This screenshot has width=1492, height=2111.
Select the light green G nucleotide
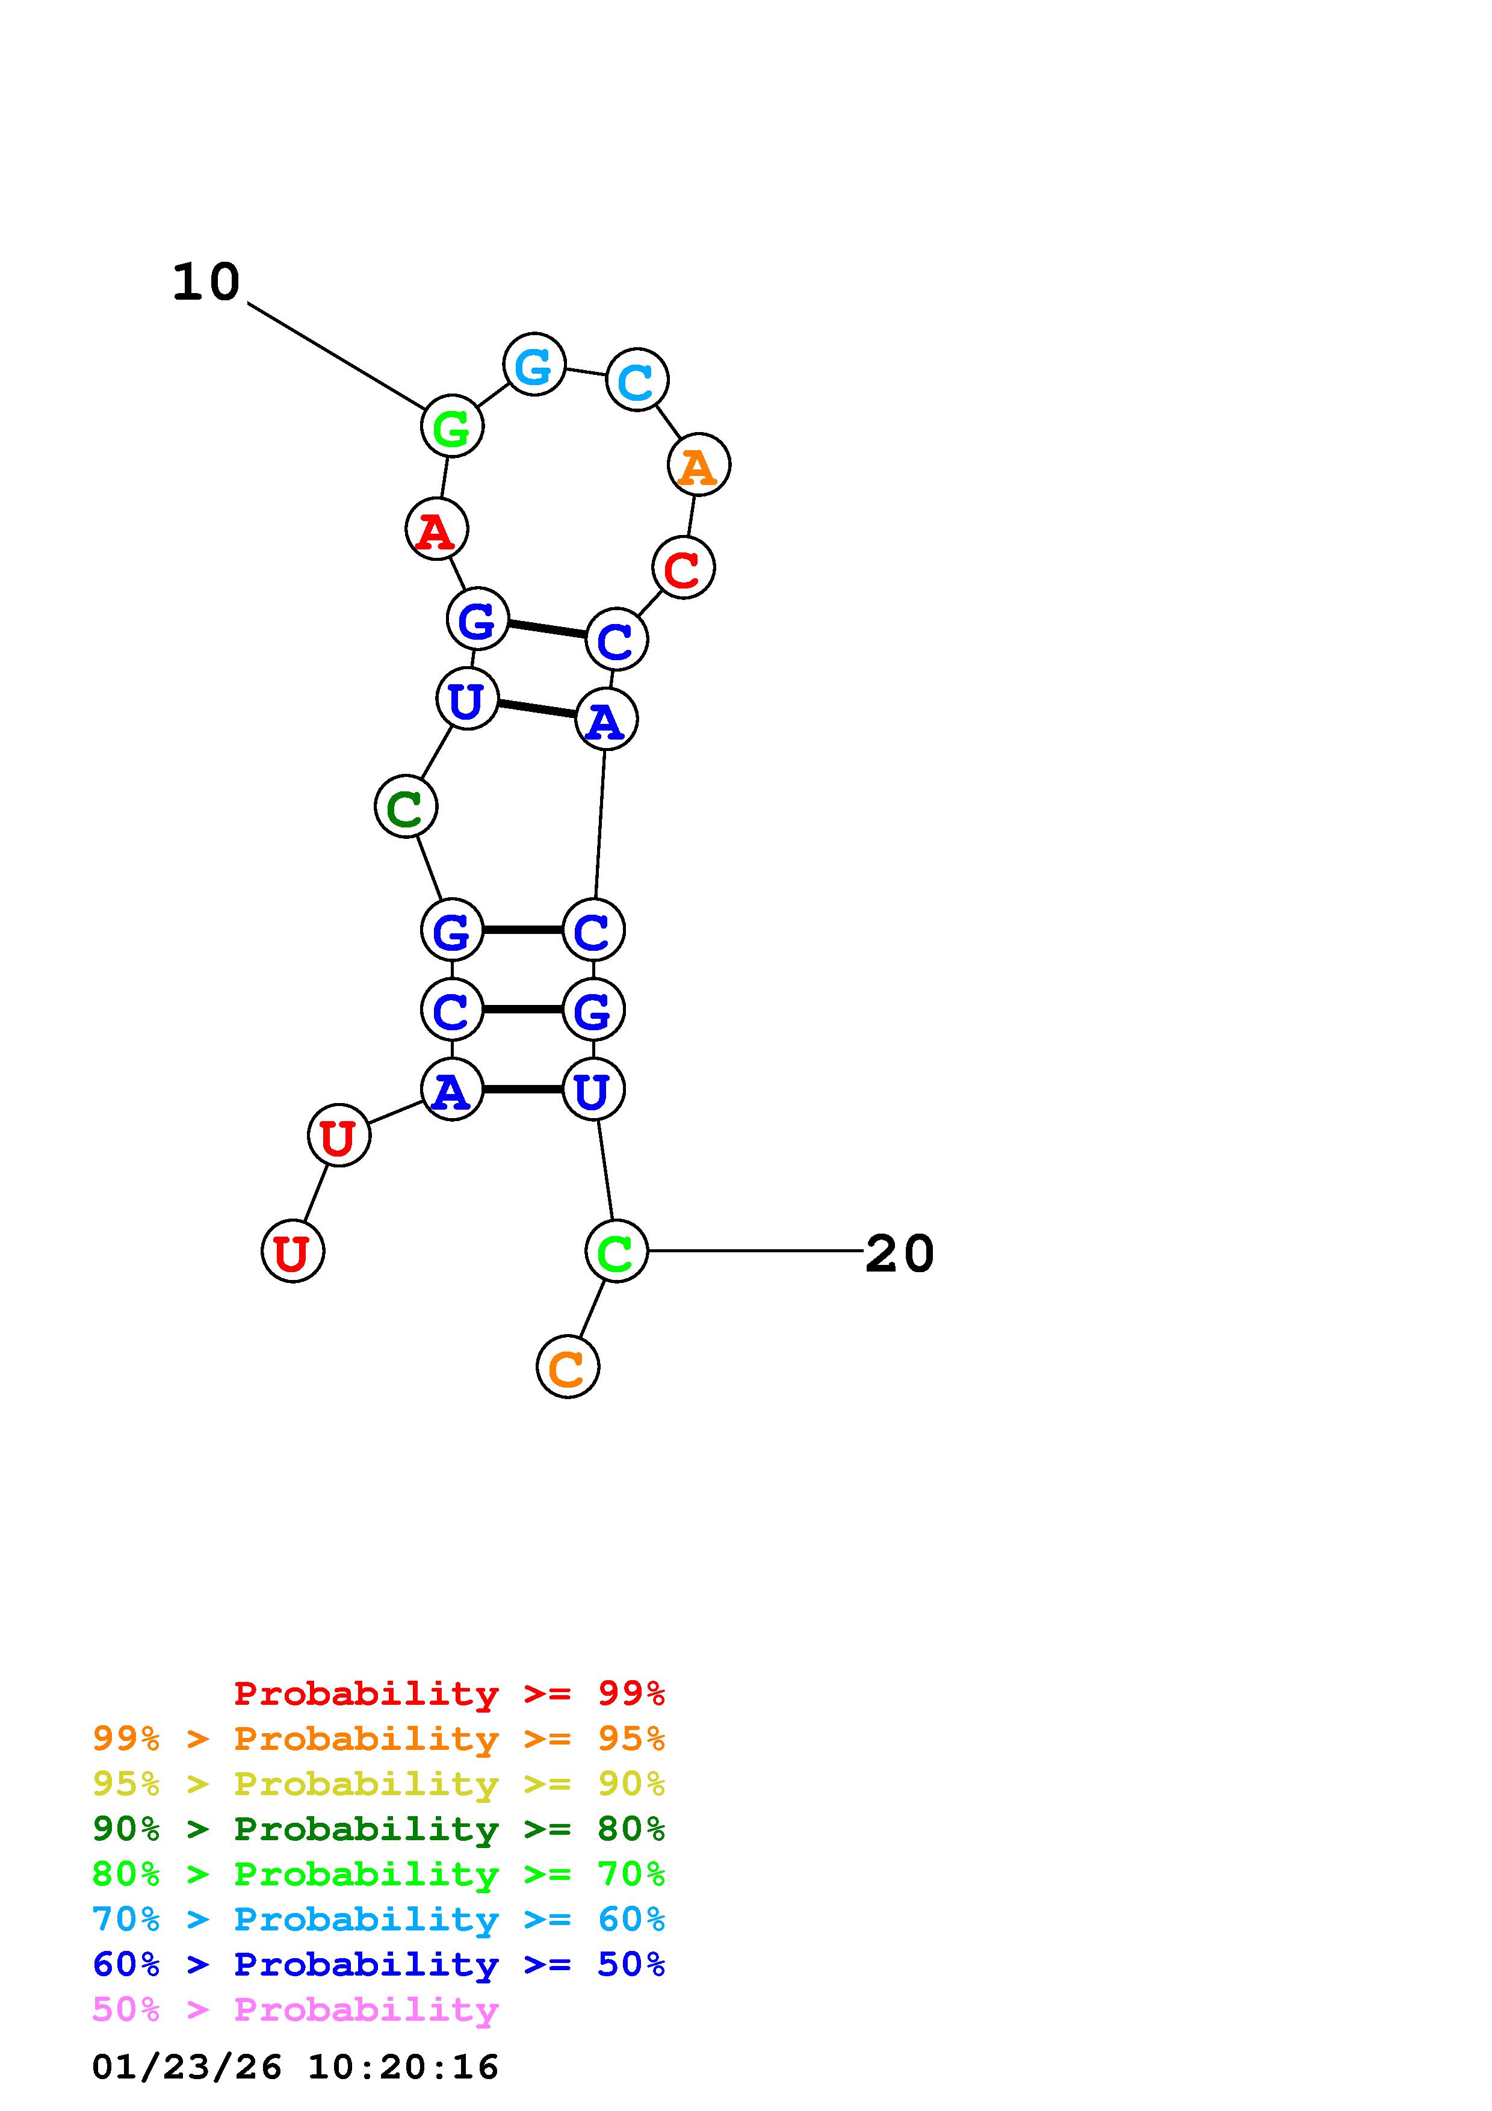pyautogui.click(x=451, y=427)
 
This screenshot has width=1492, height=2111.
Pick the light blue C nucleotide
pyautogui.click(x=637, y=380)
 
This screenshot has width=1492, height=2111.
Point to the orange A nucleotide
pyautogui.click(x=699, y=465)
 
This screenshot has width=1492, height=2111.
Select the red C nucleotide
pyautogui.click(x=683, y=568)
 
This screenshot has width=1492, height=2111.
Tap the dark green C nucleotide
pyautogui.click(x=406, y=807)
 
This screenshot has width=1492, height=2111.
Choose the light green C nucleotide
pyautogui.click(x=616, y=1251)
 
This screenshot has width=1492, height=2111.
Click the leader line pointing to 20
pyautogui.click(x=754, y=1250)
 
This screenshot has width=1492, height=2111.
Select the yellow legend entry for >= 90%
pyautogui.click(x=378, y=1785)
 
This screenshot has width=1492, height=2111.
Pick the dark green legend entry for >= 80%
pyautogui.click(x=378, y=1829)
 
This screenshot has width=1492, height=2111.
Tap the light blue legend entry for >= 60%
pyautogui.click(x=378, y=1920)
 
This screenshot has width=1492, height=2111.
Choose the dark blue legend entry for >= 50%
pyautogui.click(x=378, y=1965)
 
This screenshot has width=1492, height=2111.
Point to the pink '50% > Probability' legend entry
pyautogui.click(x=295, y=2010)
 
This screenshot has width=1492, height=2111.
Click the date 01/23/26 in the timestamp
pyautogui.click(x=187, y=2068)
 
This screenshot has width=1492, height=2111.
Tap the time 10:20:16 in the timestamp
pyautogui.click(x=403, y=2068)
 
